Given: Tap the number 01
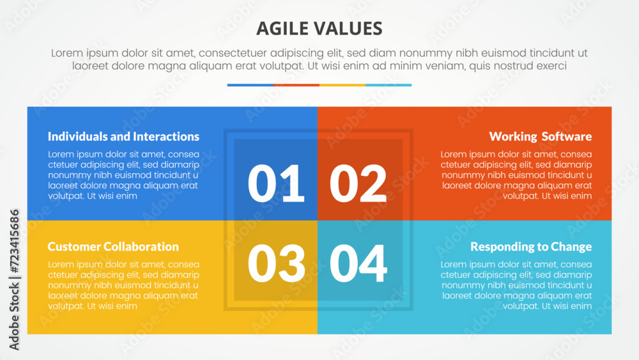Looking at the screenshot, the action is (276, 183).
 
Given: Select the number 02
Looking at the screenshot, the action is (358, 183).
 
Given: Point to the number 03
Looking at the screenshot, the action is (276, 263).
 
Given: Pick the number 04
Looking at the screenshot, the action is (358, 263).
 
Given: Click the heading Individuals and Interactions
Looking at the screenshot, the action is (123, 136).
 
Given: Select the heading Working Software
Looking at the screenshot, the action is (541, 136).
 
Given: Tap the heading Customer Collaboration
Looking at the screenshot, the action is (113, 246).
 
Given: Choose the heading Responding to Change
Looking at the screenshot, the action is (531, 247).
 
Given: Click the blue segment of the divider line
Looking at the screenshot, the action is (250, 85).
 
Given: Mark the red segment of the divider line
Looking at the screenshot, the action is (296, 85).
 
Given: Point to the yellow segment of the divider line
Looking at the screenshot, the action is (343, 85).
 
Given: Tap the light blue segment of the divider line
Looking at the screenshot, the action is (389, 85).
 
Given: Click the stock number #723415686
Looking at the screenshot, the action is (14, 241).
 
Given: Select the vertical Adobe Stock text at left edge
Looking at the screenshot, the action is (14, 317).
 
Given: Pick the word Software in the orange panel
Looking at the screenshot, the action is (566, 136).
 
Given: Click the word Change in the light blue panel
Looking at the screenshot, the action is (571, 247).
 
